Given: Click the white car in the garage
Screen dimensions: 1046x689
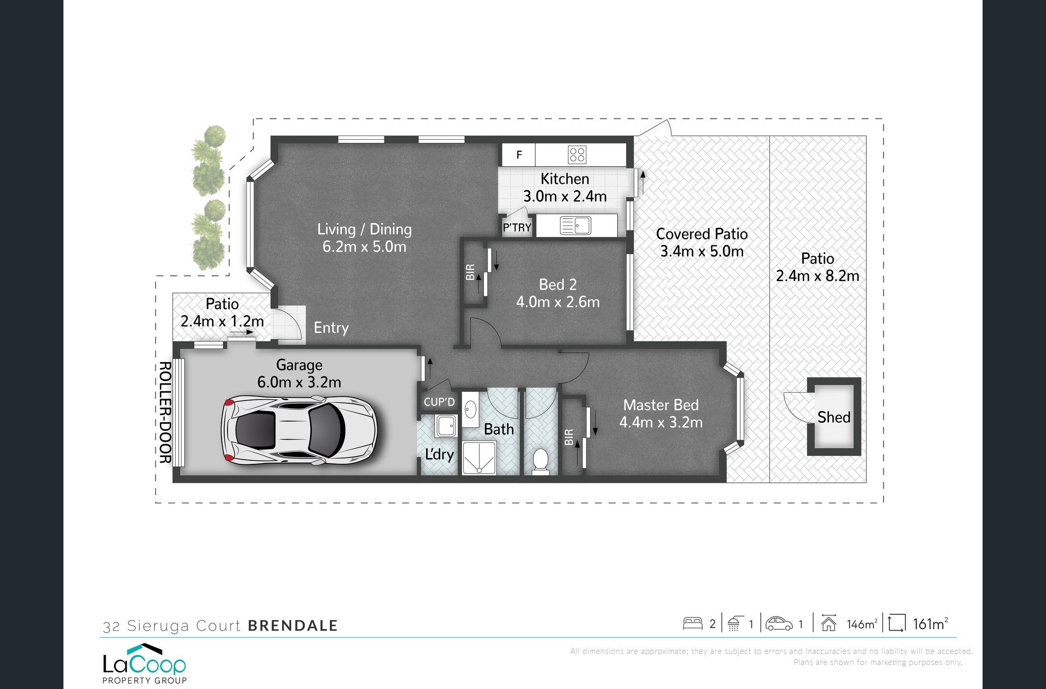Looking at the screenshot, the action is coord(299,430).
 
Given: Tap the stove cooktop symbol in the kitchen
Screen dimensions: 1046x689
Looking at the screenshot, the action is coord(577,155).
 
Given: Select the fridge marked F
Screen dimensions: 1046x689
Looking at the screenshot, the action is coord(519,155).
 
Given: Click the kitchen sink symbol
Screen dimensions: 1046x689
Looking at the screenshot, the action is coord(575,226).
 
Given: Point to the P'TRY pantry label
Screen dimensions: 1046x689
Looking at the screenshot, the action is coord(517,227).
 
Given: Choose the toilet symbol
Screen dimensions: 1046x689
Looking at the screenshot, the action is coord(540,461).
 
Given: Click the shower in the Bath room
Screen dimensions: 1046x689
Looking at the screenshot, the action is coord(479,457).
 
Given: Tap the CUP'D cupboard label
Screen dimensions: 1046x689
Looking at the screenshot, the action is coord(439,402).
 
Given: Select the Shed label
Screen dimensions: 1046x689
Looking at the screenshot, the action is coord(834,417).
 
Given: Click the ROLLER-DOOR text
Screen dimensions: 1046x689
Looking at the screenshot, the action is coord(165,412).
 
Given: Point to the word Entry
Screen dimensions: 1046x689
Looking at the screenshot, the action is coord(331,328).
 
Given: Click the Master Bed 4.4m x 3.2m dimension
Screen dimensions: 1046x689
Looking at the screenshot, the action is coord(661,422).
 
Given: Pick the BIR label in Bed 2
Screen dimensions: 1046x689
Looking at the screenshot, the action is coord(470,272).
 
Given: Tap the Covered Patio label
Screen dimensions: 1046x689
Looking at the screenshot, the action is coord(702,234).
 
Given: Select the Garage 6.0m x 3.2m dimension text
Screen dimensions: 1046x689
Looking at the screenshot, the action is coord(299,382).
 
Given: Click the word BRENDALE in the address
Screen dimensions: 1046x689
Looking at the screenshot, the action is coord(293,626).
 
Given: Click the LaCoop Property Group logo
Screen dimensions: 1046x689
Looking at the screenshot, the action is coord(144,664).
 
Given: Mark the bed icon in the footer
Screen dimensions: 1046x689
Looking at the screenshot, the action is coord(693,623).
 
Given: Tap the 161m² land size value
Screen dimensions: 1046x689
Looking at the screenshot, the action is coord(930,624).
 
